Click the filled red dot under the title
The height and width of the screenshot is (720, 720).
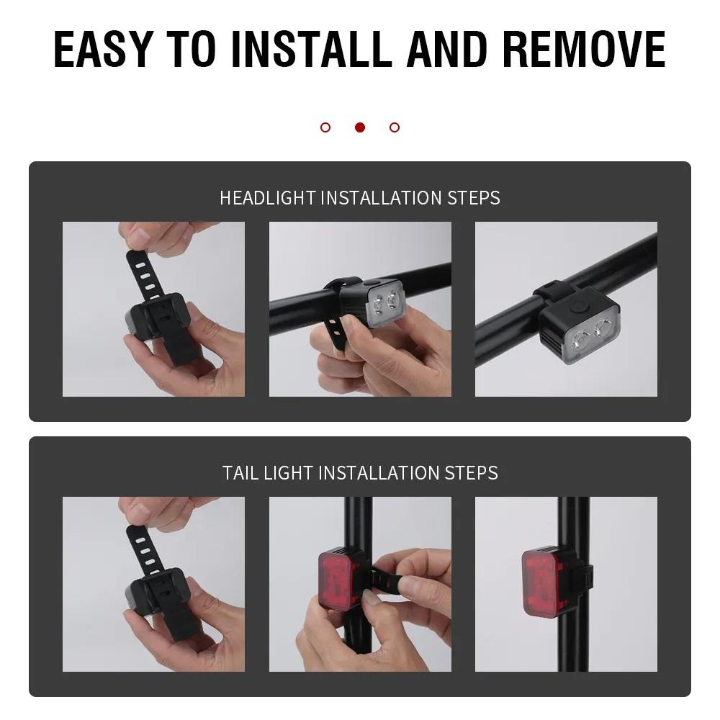click(360, 127)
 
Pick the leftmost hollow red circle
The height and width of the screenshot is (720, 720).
click(325, 127)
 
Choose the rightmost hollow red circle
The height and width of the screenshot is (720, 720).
click(395, 127)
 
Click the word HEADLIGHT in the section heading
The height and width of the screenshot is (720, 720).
click(268, 198)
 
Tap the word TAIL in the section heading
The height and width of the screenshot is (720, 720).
click(240, 473)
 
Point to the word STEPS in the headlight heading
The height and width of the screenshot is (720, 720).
click(474, 198)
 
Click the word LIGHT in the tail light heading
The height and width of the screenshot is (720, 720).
click(288, 473)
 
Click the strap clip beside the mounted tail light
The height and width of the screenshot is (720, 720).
click(586, 579)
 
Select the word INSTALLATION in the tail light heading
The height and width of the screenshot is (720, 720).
click(379, 473)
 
